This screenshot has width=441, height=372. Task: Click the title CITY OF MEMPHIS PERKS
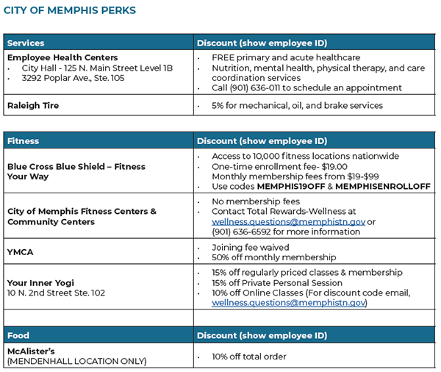pyautogui.click(x=70, y=11)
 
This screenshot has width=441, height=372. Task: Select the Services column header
pyautogui.click(x=26, y=43)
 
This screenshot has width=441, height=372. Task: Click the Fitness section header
pyautogui.click(x=23, y=140)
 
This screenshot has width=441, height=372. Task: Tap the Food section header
pyautogui.click(x=18, y=335)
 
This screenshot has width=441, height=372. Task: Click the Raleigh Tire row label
pyautogui.click(x=33, y=105)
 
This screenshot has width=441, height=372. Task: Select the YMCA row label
pyautogui.click(x=21, y=251)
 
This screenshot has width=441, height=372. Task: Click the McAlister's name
pyautogui.click(x=32, y=351)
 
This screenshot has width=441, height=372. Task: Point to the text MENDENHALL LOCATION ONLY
pyautogui.click(x=76, y=361)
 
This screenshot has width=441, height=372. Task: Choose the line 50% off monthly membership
pyautogui.click(x=273, y=257)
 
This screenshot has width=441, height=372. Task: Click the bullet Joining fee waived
pyautogui.click(x=250, y=247)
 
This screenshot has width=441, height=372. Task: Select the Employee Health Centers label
pyautogui.click(x=62, y=57)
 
